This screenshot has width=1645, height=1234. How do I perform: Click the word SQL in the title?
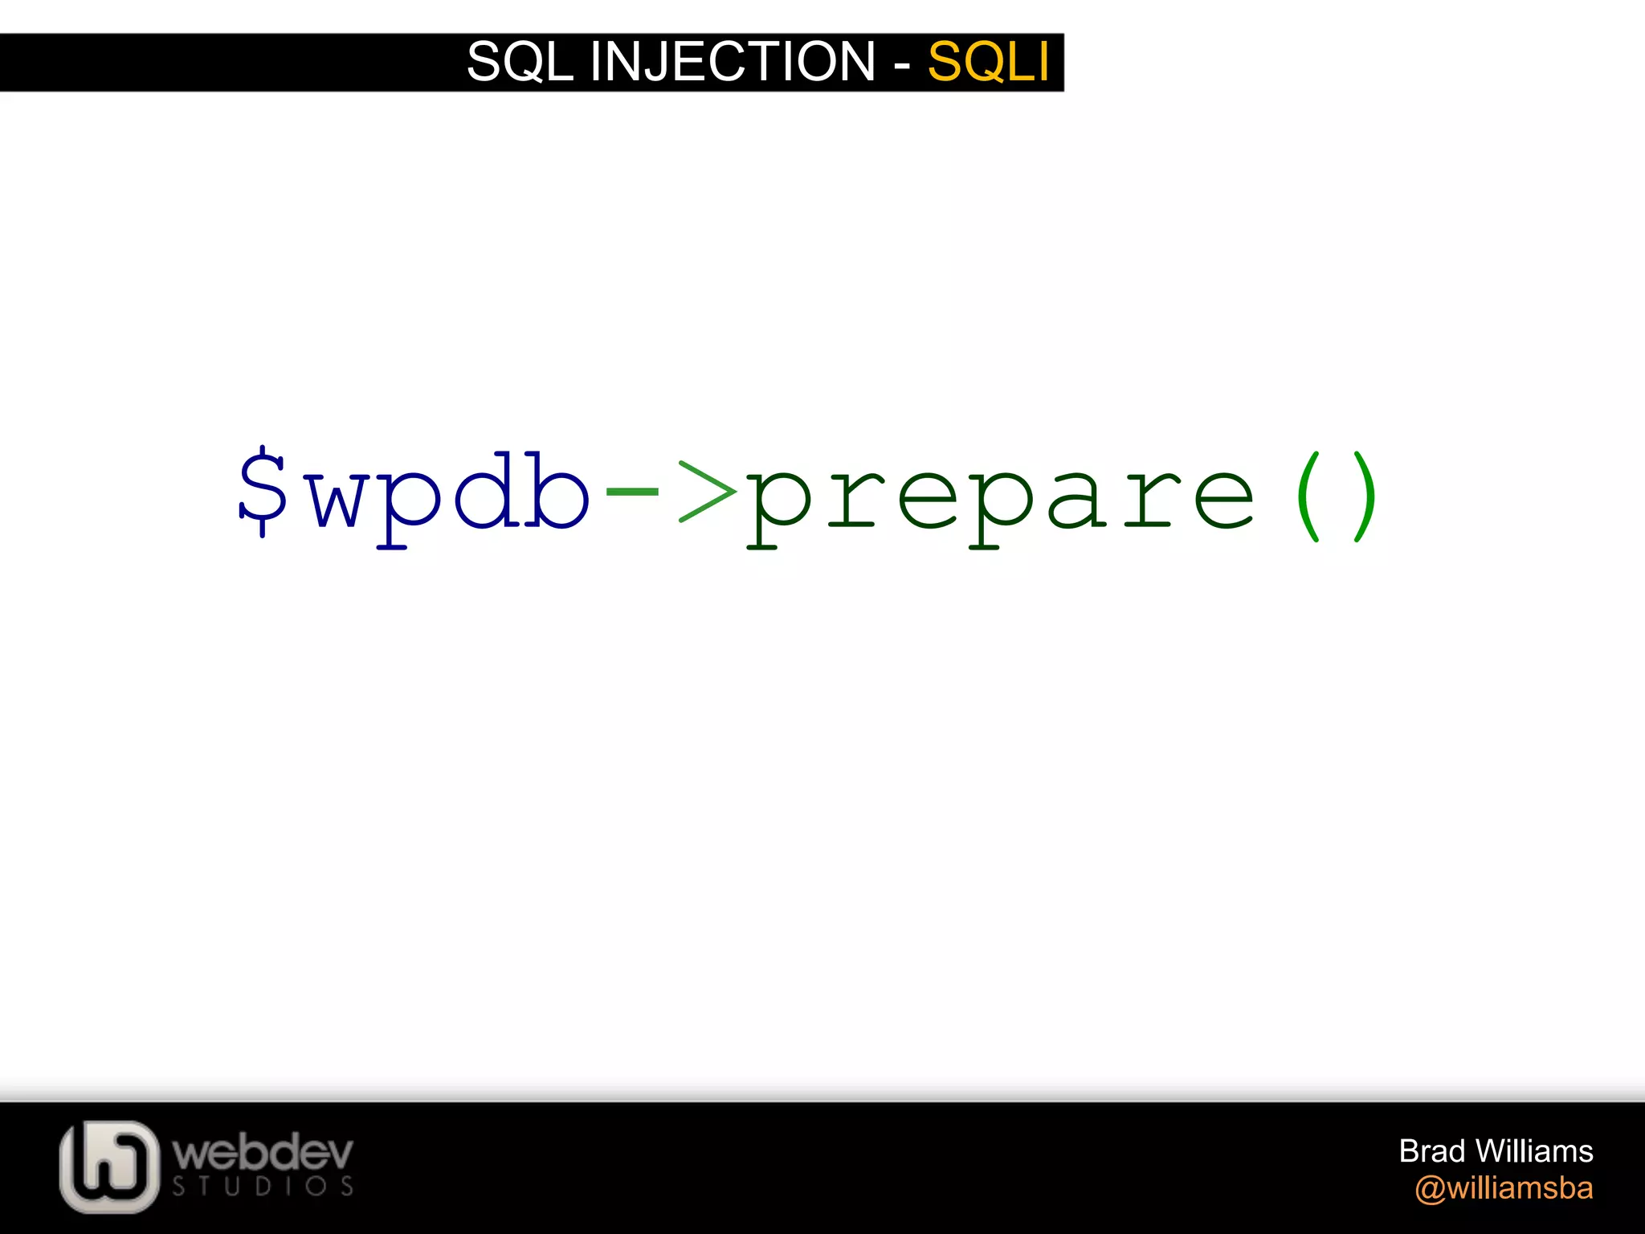pos(520,62)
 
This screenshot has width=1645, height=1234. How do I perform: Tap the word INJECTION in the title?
pos(732,62)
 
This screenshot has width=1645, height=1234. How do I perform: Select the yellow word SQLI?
pos(988,62)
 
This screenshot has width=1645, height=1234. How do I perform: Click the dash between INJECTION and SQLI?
pos(902,64)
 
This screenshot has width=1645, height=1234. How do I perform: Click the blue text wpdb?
pos(450,494)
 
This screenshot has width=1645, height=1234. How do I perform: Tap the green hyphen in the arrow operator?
pos(631,487)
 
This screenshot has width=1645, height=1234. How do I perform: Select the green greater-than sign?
pos(707,491)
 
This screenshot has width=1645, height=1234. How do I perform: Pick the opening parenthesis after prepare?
pos(1308,496)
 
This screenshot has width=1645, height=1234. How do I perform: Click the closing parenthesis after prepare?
pos(1365,496)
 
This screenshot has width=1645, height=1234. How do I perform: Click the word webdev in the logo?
pos(263,1153)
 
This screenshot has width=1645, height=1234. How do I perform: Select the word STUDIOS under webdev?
pos(263,1187)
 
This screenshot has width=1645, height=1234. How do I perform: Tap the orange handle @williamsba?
pos(1504,1188)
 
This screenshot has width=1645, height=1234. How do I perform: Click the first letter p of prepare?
pos(778,506)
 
